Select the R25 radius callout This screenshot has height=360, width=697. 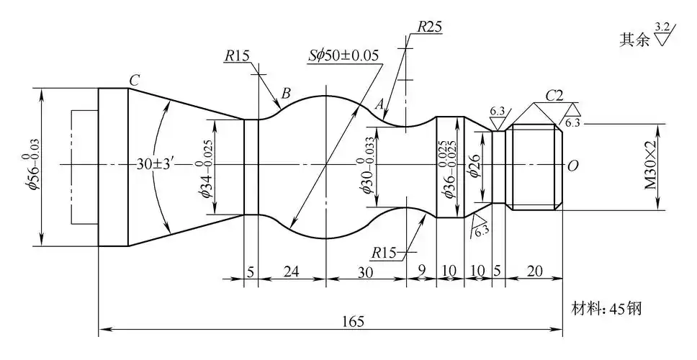pos(429,27)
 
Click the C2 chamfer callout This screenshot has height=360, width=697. pos(554,95)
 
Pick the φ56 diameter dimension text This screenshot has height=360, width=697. pos(31,166)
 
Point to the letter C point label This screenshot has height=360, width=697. pos(134,79)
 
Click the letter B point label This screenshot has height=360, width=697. pos(286,93)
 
